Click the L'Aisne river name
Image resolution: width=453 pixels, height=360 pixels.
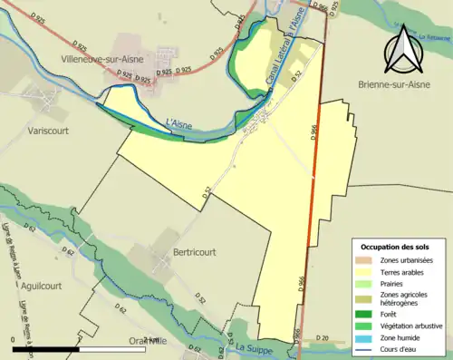[179, 122]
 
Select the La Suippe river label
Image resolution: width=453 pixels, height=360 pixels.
[254, 346]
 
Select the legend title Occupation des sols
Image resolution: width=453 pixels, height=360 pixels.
[397, 247]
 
